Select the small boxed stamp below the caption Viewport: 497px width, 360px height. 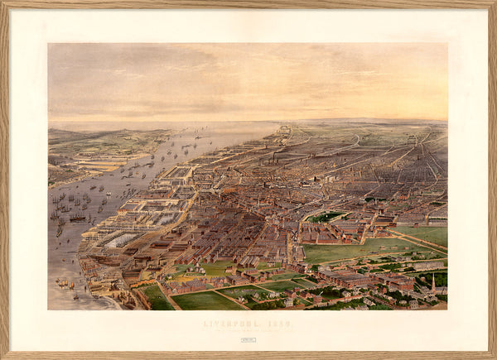[248, 339]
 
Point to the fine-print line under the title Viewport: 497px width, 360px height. [248, 330]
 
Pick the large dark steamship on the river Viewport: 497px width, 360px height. [77, 218]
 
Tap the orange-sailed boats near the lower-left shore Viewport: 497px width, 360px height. [63, 285]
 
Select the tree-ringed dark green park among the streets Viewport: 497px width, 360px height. [326, 217]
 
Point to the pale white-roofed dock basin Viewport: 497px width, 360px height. [123, 240]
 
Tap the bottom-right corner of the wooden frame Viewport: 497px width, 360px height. [494, 357]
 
